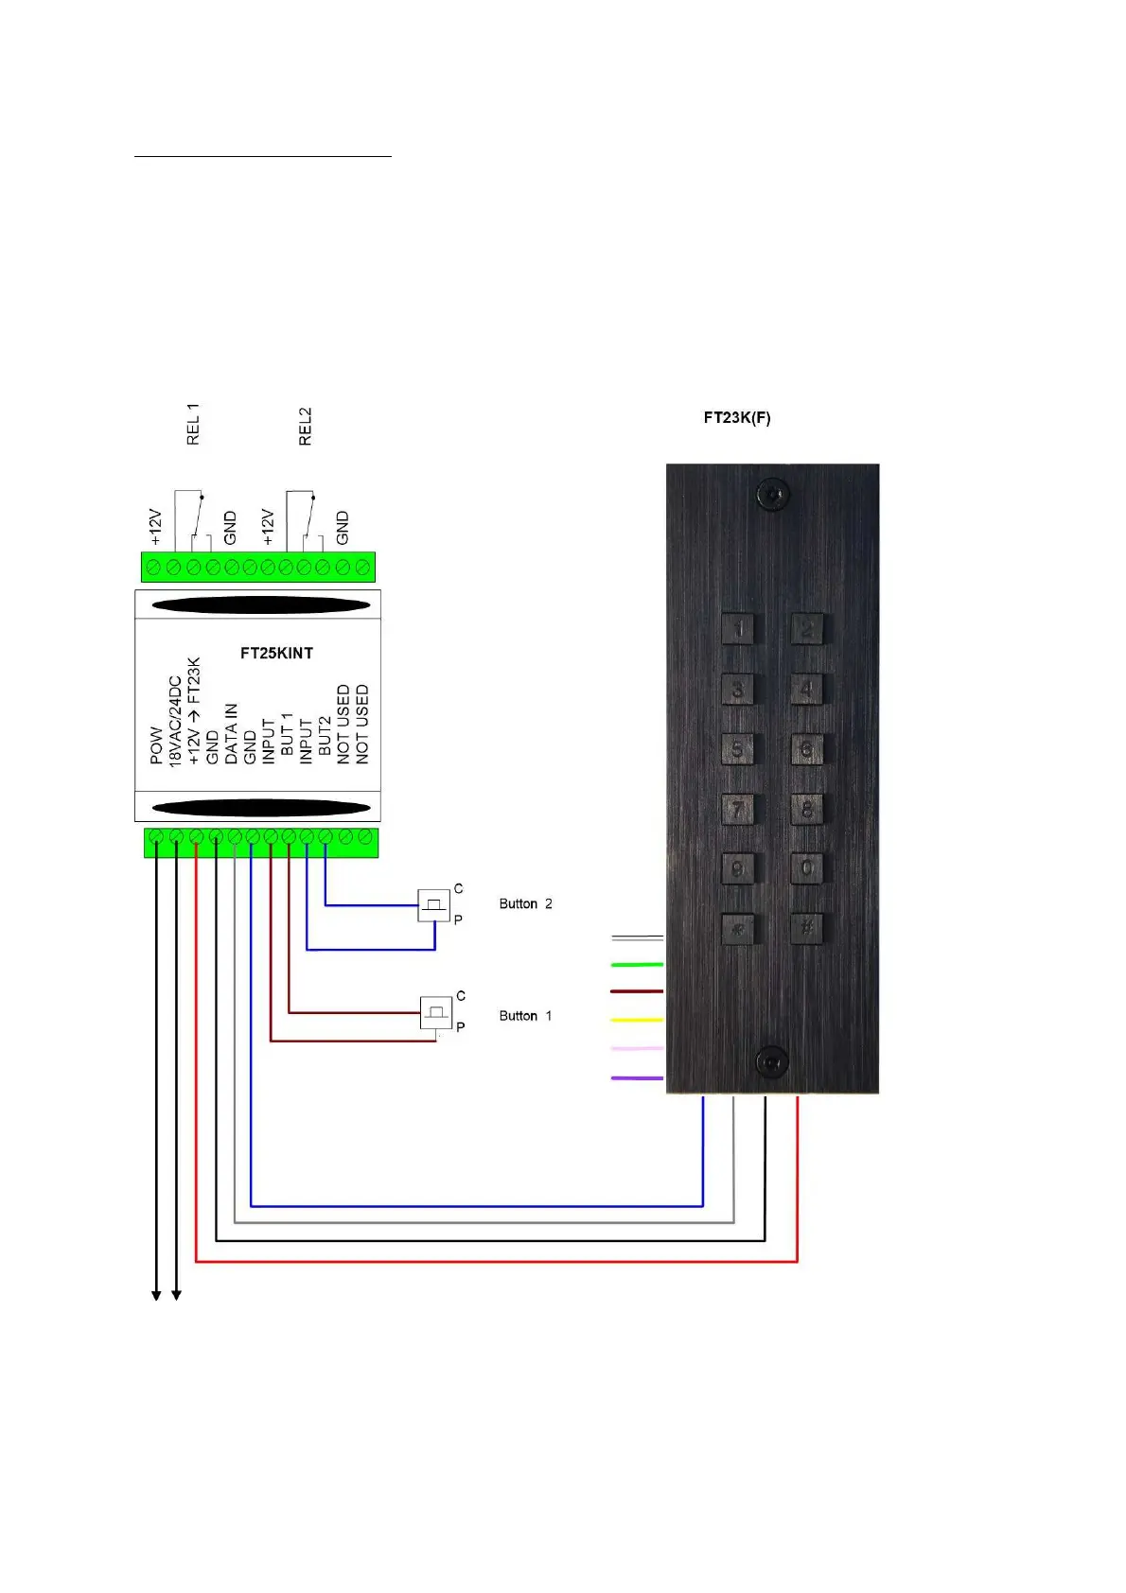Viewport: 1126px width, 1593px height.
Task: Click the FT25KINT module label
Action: pyautogui.click(x=276, y=653)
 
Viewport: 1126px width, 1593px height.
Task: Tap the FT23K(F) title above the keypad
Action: pyautogui.click(x=736, y=417)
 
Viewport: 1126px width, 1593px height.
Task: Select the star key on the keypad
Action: pyautogui.click(x=738, y=928)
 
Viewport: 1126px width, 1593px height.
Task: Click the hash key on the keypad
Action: pyautogui.click(x=806, y=928)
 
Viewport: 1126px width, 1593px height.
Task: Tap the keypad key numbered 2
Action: pyautogui.click(x=806, y=628)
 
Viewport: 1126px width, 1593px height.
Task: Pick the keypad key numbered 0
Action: pyautogui.click(x=806, y=867)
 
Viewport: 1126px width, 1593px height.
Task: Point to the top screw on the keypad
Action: pyautogui.click(x=774, y=494)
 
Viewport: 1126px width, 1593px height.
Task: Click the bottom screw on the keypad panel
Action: pyautogui.click(x=772, y=1061)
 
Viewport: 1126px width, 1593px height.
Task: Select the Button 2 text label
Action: pyautogui.click(x=525, y=904)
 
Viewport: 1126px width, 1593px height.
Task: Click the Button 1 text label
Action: pyautogui.click(x=525, y=1016)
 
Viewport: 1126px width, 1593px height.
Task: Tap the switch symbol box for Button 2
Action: pyautogui.click(x=434, y=905)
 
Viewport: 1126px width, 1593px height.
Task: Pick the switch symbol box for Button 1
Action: pyautogui.click(x=436, y=1013)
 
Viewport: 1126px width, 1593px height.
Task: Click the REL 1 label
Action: pyautogui.click(x=194, y=424)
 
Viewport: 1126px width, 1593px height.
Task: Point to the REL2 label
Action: pyautogui.click(x=305, y=427)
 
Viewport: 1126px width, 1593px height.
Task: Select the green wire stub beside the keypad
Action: pyautogui.click(x=637, y=964)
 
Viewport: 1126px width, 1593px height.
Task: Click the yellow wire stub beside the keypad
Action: pyautogui.click(x=637, y=1020)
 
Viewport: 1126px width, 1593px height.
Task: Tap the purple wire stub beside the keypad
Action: pyautogui.click(x=637, y=1077)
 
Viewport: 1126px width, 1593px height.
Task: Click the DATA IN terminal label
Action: pyautogui.click(x=231, y=733)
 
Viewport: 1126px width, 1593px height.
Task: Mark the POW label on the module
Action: pyautogui.click(x=156, y=744)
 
